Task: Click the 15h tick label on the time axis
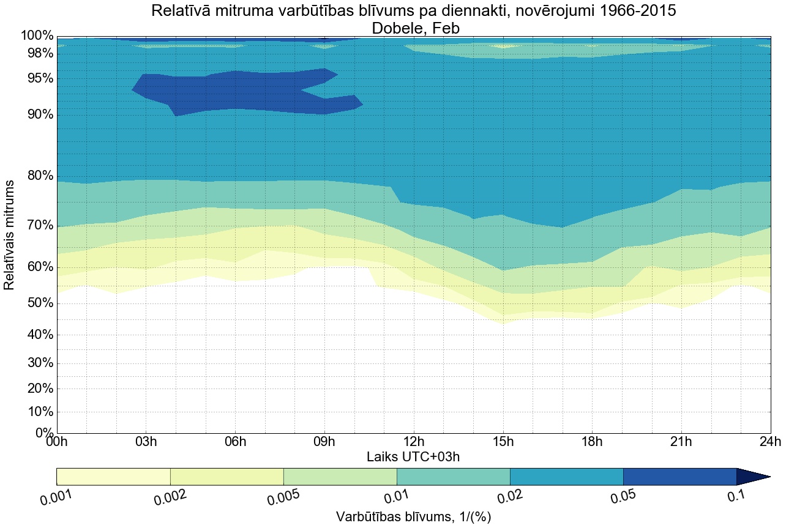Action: pyautogui.click(x=503, y=442)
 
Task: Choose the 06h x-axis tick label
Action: pyautogui.click(x=235, y=442)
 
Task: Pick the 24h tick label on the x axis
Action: pyautogui.click(x=769, y=442)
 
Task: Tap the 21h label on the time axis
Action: pyautogui.click(x=681, y=442)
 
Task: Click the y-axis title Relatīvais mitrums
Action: pyautogui.click(x=10, y=235)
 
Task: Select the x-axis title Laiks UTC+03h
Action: pyautogui.click(x=413, y=456)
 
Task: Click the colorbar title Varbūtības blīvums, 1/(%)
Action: pyautogui.click(x=413, y=516)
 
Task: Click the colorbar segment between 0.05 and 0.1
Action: pyautogui.click(x=679, y=477)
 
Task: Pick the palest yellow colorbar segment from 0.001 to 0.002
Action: pyautogui.click(x=113, y=477)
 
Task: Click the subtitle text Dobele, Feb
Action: pyautogui.click(x=413, y=28)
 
